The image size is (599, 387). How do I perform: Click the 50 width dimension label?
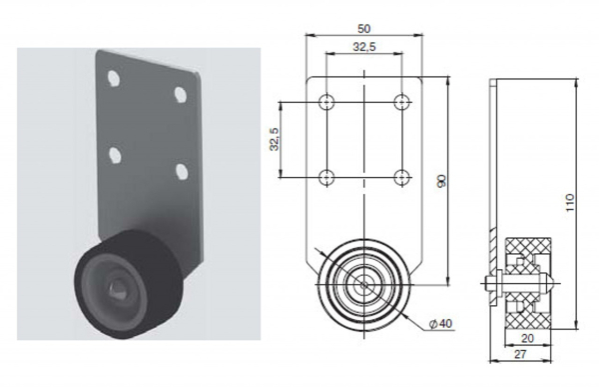[x=364, y=29]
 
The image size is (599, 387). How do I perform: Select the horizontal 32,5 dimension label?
[x=364, y=47]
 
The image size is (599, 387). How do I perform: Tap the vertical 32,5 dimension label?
[x=275, y=139]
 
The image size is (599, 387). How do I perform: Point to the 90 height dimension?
[x=441, y=181]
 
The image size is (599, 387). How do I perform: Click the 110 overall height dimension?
[x=569, y=202]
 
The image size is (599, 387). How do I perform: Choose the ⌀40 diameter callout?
[x=440, y=324]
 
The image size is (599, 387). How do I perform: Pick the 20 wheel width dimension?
[x=527, y=338]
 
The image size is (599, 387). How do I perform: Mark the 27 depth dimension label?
[x=520, y=354]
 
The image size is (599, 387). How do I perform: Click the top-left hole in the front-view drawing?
[x=326, y=102]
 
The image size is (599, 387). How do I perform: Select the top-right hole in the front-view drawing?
[x=401, y=102]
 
